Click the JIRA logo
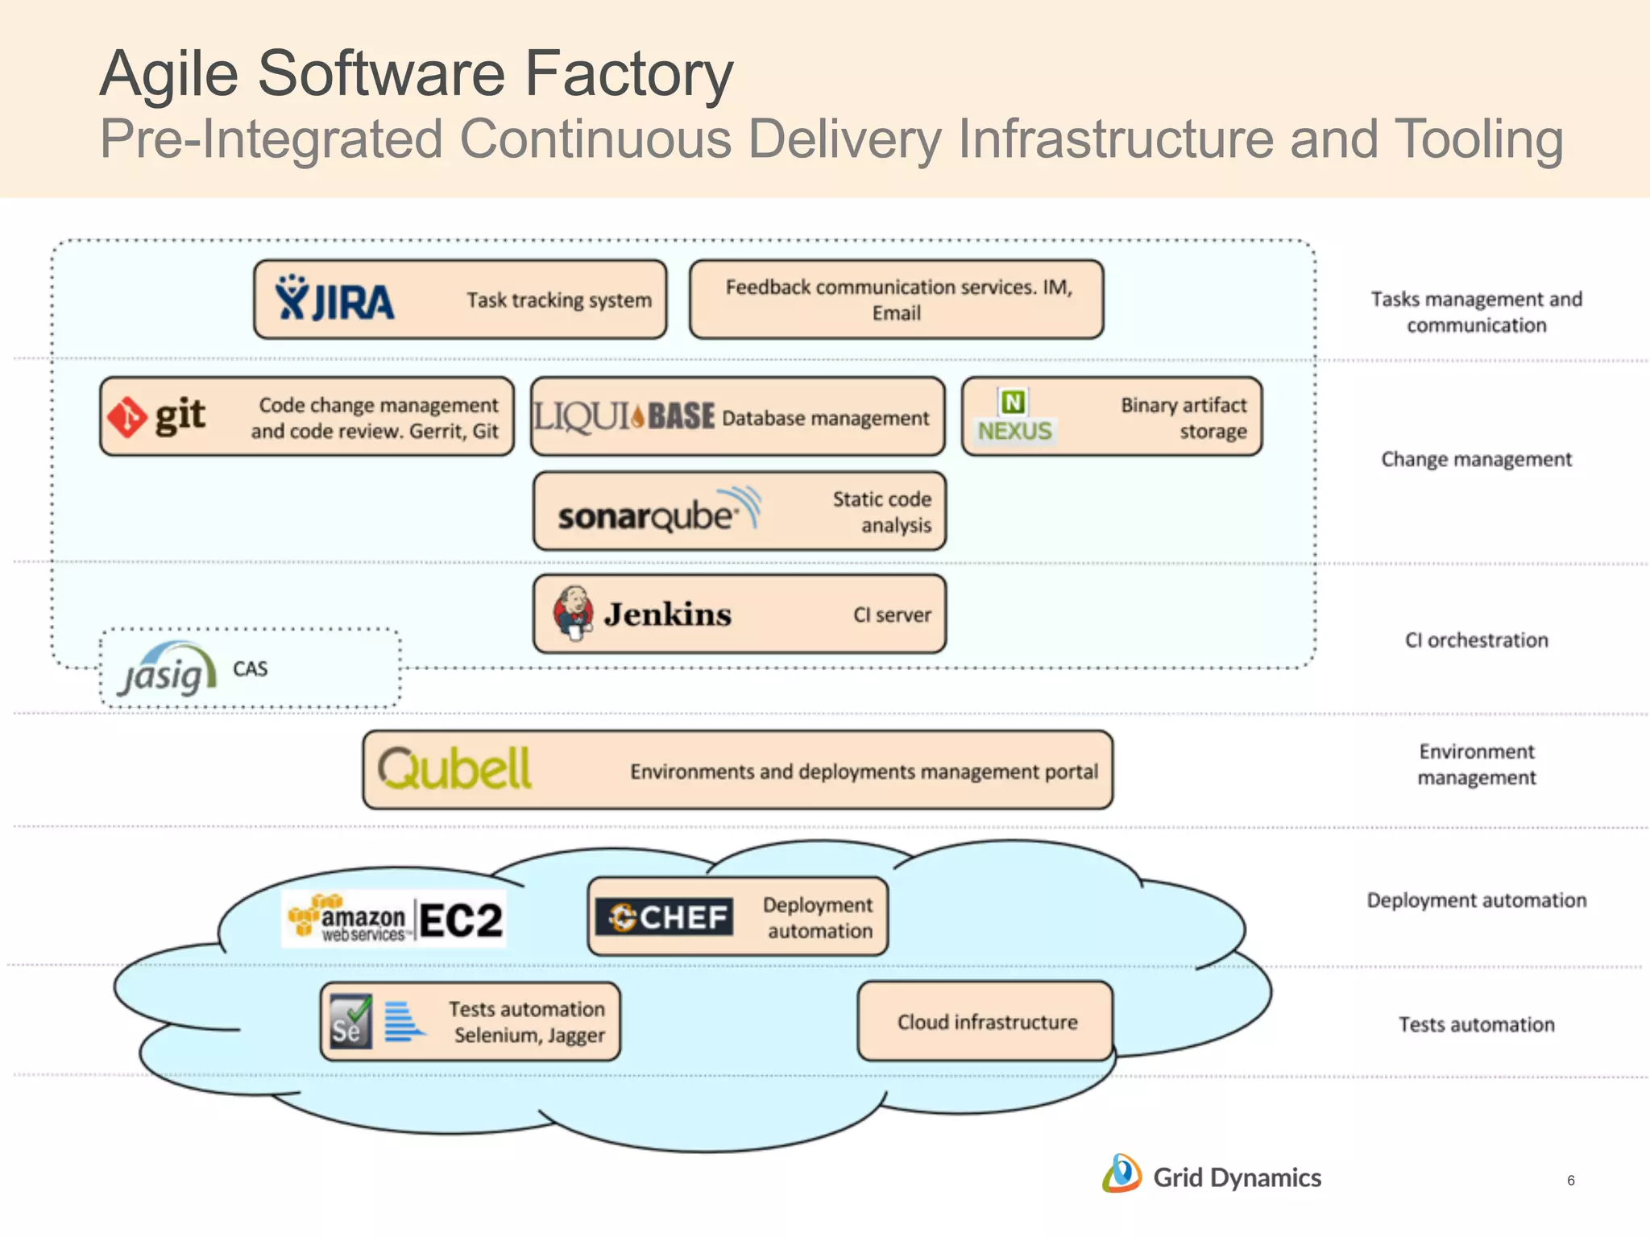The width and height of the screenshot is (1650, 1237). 334,299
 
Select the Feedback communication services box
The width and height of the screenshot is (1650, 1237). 896,300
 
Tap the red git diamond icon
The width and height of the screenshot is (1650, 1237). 127,417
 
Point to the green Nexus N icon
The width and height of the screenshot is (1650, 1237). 1013,402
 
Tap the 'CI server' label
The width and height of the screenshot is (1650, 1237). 892,615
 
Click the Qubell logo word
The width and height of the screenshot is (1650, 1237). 454,769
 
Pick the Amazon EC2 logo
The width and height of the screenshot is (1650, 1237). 395,919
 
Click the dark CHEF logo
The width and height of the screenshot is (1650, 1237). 665,916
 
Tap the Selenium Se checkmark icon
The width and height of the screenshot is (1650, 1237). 351,1020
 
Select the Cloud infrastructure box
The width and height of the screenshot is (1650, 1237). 986,1021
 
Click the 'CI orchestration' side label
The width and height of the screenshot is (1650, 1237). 1476,640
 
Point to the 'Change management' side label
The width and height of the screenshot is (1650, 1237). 1476,460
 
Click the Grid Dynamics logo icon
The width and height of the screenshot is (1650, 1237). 1121,1174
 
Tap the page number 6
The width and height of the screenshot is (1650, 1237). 1570,1181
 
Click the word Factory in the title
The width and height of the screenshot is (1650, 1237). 628,74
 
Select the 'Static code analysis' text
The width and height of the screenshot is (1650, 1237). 882,512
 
